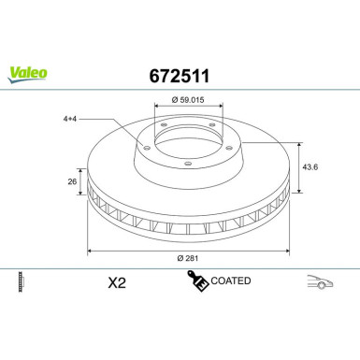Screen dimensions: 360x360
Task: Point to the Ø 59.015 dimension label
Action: (x=188, y=100)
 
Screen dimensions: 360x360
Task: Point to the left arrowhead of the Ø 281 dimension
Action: (x=91, y=250)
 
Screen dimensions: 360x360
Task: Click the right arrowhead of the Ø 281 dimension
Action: (x=286, y=250)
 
